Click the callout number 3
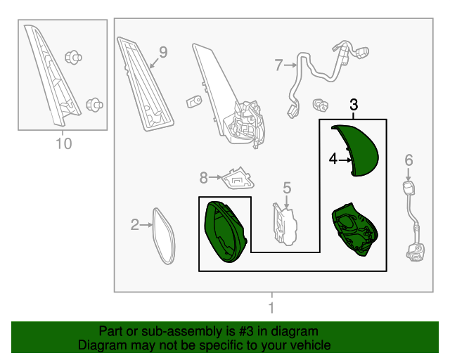tap(354, 105)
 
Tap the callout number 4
tap(333, 159)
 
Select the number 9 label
tap(163, 52)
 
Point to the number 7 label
tap(278, 65)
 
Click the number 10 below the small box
tap(64, 143)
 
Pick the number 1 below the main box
tap(271, 308)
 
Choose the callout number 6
tap(409, 160)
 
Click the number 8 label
tap(203, 178)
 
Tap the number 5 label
tap(287, 188)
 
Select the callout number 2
tap(134, 224)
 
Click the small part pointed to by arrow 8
tap(238, 179)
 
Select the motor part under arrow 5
tap(285, 225)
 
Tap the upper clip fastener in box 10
tap(73, 58)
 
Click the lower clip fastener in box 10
tap(94, 105)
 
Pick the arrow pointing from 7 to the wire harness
tap(290, 65)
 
